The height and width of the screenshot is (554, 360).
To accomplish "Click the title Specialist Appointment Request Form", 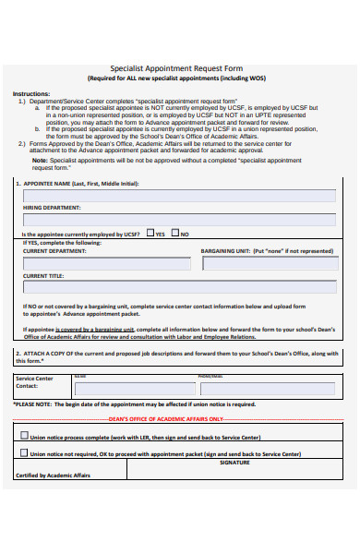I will (180, 67).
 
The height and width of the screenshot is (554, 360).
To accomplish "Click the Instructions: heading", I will (31, 94).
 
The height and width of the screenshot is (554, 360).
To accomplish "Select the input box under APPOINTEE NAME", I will (179, 196).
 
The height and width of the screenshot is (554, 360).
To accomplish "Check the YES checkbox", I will (150, 234).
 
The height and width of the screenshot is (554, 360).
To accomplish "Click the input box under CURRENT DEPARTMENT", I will (103, 263).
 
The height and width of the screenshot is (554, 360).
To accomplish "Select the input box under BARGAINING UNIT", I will (269, 263).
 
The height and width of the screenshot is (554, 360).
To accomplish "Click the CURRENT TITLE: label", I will (43, 275).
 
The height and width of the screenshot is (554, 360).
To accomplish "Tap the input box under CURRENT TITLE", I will (179, 288).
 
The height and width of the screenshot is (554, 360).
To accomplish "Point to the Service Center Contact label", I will (35, 382).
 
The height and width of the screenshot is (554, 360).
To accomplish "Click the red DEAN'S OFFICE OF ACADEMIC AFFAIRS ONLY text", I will (179, 419).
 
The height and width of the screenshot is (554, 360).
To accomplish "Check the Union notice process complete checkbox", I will (24, 436).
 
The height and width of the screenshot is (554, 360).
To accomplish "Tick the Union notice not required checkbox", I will (24, 453).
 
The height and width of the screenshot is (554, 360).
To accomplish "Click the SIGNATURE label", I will (234, 463).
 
